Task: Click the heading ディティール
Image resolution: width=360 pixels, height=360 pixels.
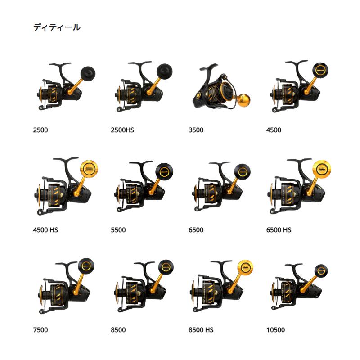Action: click(57, 28)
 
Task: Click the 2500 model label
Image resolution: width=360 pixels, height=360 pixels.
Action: click(40, 130)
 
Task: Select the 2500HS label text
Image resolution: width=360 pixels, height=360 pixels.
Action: click(122, 130)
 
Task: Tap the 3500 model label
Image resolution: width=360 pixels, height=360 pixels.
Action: click(196, 130)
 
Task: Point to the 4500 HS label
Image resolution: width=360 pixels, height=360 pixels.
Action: click(45, 230)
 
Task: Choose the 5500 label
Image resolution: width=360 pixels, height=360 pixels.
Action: click(118, 230)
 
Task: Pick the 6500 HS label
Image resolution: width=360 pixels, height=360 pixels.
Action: click(279, 230)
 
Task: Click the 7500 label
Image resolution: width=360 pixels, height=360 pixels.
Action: click(40, 330)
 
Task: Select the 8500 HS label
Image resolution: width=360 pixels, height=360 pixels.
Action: click(201, 330)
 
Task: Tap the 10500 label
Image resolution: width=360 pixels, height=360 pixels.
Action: click(275, 330)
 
